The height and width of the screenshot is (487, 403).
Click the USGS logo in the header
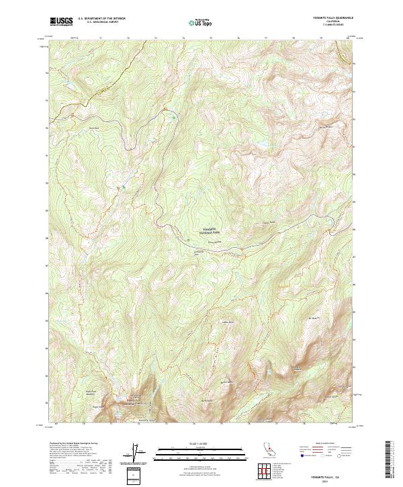62,22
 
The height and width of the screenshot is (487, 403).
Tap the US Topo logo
201,23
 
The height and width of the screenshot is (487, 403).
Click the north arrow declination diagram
138,455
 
